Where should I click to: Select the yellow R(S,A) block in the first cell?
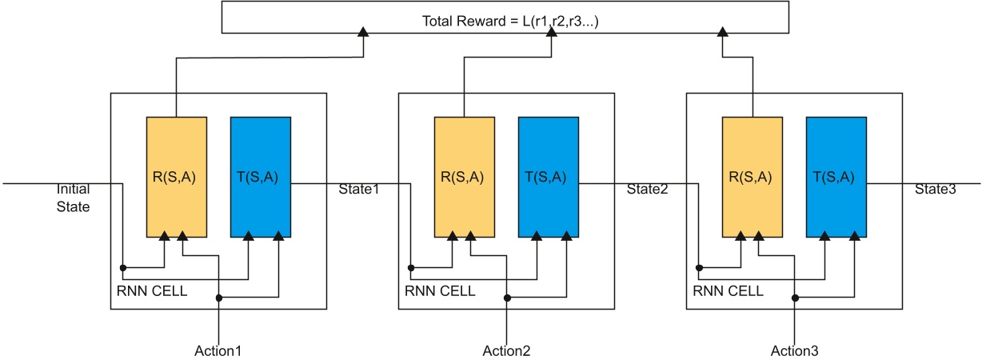coord(177,177)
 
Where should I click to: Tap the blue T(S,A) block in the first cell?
coord(260,177)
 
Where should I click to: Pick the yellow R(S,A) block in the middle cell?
coord(465,177)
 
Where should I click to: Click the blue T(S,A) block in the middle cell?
coord(548,177)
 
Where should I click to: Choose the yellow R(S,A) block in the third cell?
coord(752,177)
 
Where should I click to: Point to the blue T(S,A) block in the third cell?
coord(836,177)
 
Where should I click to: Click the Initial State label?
coord(73,198)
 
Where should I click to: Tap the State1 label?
coord(359,190)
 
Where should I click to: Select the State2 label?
coord(647,190)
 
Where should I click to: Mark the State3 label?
coord(935,190)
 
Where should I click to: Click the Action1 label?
coord(218,350)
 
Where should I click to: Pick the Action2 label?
coord(506,350)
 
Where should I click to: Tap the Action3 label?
coord(794,350)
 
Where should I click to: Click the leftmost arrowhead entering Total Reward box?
coord(363,32)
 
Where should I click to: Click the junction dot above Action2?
coord(506,298)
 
